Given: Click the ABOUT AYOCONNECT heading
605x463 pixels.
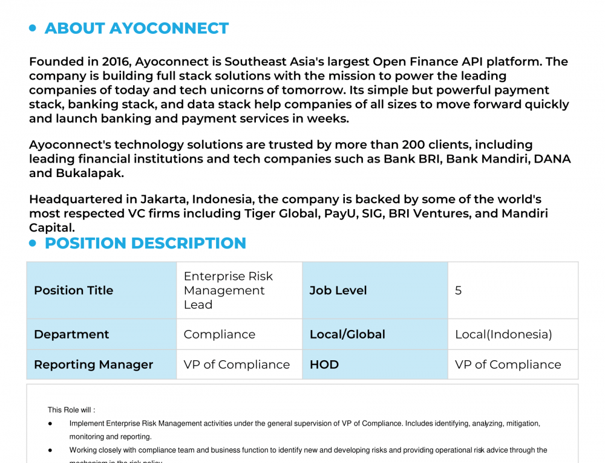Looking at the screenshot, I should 136,28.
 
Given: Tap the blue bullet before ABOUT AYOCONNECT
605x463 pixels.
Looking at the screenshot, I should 33,28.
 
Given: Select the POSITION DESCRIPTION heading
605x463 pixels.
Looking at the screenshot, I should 145,243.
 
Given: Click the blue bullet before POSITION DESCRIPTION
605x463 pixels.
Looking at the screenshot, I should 33,243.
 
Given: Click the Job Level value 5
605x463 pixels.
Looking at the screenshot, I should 458,291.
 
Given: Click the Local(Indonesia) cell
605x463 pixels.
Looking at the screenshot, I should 503,334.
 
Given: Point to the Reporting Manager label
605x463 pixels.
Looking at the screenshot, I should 93,364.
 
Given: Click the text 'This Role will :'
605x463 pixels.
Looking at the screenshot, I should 71,410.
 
